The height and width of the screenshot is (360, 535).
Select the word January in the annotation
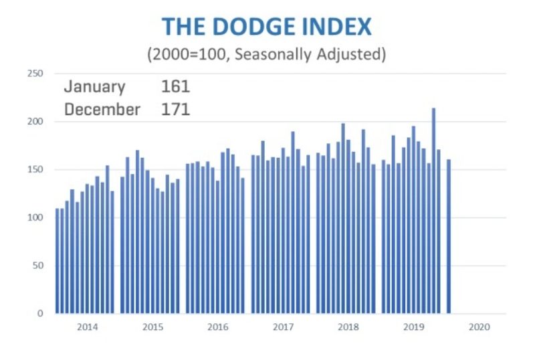tap(94, 87)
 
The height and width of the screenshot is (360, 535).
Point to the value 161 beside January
tap(175, 87)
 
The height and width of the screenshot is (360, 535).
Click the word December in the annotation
tap(102, 109)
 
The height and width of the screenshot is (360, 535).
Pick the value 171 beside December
tap(175, 109)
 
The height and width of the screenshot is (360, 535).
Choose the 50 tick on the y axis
tap(38, 266)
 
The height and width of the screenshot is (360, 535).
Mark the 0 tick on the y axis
tap(41, 313)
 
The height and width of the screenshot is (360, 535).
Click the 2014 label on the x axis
tap(87, 328)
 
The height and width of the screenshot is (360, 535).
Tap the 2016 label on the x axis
tap(218, 328)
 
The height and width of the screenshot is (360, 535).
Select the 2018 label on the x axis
tap(348, 328)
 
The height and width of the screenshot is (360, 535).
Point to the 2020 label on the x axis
tap(479, 328)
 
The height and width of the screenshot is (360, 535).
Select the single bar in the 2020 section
tap(449, 236)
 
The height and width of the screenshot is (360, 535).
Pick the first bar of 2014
tap(58, 261)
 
